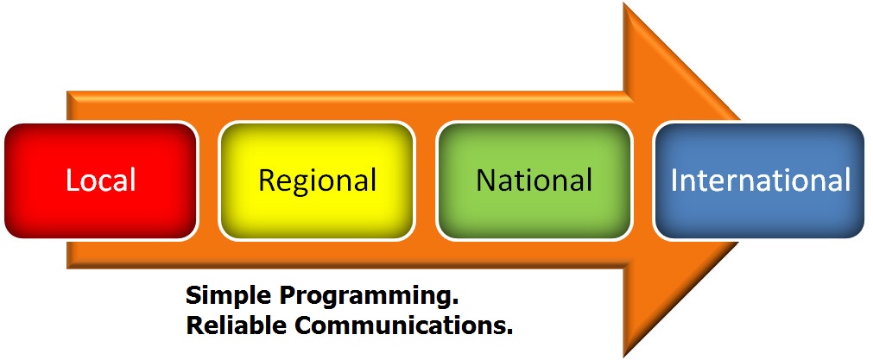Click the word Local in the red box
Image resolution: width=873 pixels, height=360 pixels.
click(x=101, y=180)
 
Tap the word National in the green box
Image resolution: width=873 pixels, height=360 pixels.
click(x=534, y=180)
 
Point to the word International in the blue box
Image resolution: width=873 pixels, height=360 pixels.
click(x=760, y=180)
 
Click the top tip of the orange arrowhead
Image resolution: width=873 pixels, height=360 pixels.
click(x=624, y=3)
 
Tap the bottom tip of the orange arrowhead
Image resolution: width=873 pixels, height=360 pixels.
click(x=624, y=355)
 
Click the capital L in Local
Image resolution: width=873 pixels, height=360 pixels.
click(x=73, y=180)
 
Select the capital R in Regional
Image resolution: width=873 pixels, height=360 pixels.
click(x=267, y=180)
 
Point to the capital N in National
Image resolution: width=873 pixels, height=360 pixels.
click(x=486, y=180)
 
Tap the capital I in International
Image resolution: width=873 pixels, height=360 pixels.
click(x=674, y=180)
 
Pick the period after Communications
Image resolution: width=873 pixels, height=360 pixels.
click(x=509, y=332)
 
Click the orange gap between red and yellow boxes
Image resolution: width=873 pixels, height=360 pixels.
click(x=209, y=180)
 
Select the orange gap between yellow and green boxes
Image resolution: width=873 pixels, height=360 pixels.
click(x=426, y=180)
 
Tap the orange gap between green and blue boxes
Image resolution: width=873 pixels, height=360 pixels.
click(x=642, y=180)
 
